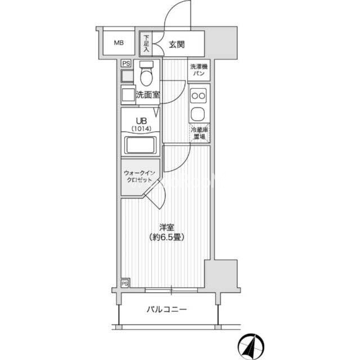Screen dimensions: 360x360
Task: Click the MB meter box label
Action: (119, 43)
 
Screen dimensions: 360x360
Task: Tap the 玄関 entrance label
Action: (177, 44)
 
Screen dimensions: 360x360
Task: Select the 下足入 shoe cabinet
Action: (146, 44)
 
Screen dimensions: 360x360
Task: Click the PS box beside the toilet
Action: (126, 64)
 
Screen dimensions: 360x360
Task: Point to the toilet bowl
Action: (147, 74)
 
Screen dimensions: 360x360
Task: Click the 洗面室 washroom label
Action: (147, 94)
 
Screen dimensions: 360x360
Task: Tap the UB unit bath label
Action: (141, 121)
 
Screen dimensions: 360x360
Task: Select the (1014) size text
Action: (141, 129)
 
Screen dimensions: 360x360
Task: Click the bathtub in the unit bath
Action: (141, 145)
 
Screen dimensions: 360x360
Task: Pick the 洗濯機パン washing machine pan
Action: (199, 70)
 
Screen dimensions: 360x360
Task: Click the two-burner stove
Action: (199, 96)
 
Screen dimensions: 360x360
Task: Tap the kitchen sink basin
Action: (198, 114)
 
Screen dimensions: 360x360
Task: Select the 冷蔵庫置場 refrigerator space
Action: (199, 133)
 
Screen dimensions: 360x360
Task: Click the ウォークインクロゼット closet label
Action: (139, 176)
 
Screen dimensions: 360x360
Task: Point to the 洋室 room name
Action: (167, 227)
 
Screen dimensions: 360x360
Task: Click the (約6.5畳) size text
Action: (167, 237)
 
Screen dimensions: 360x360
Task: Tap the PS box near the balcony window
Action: (125, 283)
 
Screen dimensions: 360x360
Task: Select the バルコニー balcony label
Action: (166, 309)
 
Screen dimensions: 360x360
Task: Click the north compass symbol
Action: (251, 346)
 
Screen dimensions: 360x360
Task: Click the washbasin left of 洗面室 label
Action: (128, 95)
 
